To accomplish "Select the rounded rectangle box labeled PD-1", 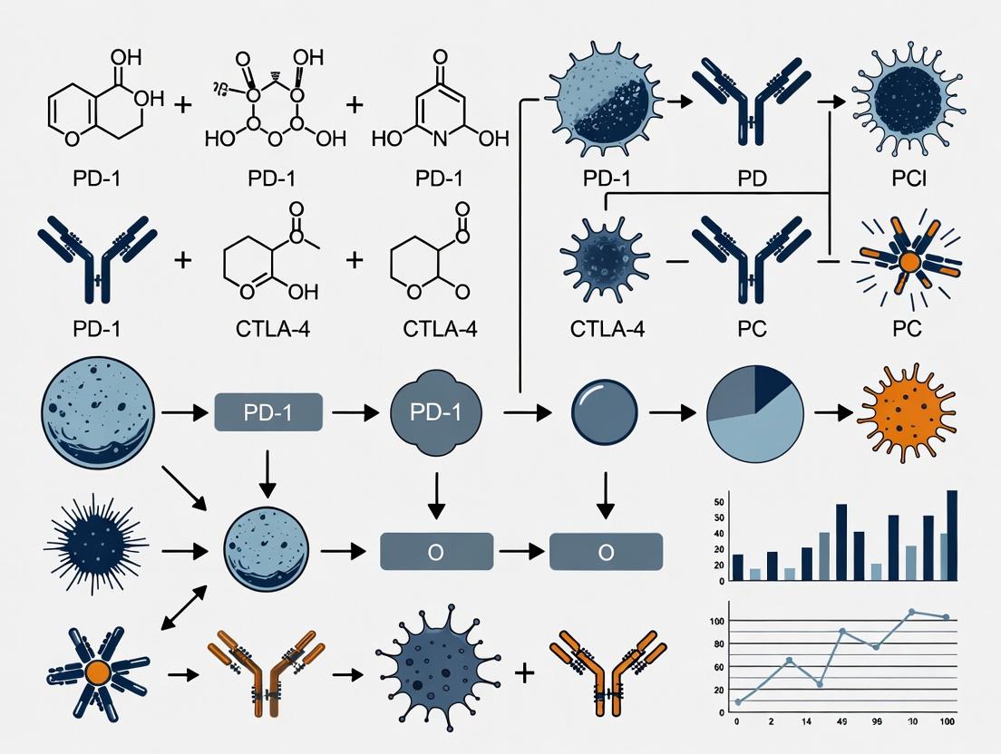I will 268,412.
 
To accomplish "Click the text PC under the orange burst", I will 907,327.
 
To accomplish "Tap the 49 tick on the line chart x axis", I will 841,722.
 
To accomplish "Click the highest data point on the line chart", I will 911,612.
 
